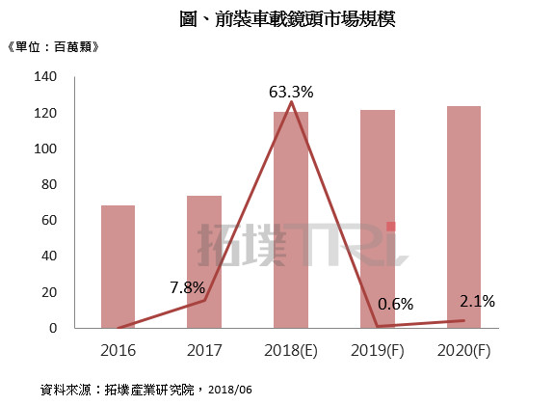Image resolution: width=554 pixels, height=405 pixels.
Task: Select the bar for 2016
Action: [118, 267]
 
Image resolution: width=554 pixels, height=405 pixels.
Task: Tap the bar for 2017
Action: [204, 261]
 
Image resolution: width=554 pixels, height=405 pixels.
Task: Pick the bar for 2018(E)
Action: [291, 220]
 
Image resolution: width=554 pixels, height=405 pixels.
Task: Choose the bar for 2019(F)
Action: [378, 219]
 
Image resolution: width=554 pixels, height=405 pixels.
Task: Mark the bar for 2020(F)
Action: [463, 217]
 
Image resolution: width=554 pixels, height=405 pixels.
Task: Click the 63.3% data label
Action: [291, 92]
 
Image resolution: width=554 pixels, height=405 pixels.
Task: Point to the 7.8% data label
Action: [187, 287]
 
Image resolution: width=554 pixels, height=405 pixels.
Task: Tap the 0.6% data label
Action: [395, 304]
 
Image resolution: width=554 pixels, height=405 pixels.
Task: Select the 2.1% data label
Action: [477, 301]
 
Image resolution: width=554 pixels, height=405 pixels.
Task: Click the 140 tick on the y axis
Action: [45, 76]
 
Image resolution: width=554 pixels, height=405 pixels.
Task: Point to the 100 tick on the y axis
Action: [45, 148]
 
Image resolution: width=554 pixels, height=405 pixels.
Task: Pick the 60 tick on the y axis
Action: [49, 220]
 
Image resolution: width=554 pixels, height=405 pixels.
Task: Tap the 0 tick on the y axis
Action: [53, 328]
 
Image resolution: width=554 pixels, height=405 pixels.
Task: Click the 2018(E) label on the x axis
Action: [291, 351]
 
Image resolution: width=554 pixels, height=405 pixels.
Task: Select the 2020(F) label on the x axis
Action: [463, 351]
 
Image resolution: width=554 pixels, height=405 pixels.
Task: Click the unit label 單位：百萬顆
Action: [53, 46]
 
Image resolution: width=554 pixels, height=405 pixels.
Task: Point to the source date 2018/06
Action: [230, 390]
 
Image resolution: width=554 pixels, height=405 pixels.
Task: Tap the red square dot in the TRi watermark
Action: [391, 227]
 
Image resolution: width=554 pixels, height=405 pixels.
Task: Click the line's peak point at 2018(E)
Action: [291, 102]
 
